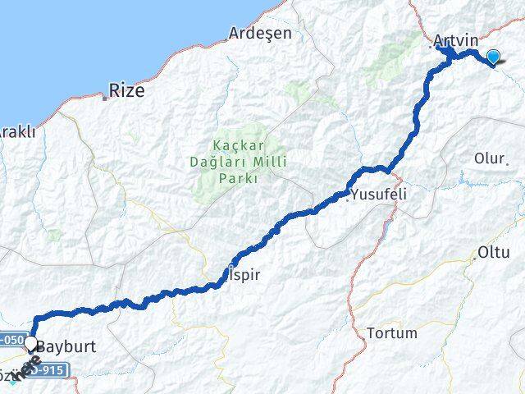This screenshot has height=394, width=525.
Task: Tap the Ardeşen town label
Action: click(x=260, y=34)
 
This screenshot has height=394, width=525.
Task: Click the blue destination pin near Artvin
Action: click(x=493, y=57)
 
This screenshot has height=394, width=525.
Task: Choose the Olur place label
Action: click(x=490, y=158)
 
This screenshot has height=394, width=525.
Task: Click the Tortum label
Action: click(x=392, y=333)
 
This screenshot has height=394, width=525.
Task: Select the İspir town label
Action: click(x=243, y=275)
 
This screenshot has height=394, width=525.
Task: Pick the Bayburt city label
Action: click(x=66, y=347)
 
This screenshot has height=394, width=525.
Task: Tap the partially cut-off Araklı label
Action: click(x=16, y=131)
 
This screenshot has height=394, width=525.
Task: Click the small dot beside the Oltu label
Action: click(x=474, y=259)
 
